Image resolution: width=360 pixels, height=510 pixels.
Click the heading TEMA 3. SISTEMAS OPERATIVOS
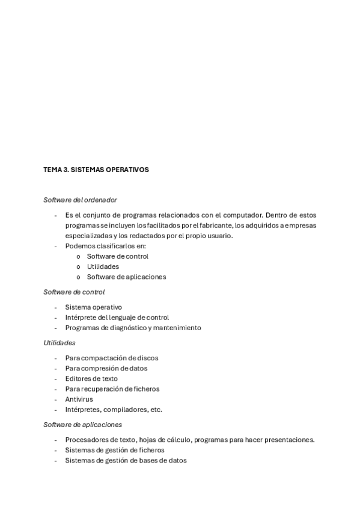[96, 170]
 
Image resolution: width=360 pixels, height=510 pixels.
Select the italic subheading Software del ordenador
[80, 200]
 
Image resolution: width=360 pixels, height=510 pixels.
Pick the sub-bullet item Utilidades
[103, 266]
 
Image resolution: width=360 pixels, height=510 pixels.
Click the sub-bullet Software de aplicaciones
[126, 277]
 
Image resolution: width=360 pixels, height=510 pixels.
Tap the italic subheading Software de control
[74, 292]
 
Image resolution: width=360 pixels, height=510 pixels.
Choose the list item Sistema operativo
[93, 307]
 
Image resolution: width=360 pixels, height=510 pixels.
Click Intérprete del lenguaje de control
[117, 317]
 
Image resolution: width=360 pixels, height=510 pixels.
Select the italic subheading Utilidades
[59, 343]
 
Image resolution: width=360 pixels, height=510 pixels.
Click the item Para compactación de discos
[112, 358]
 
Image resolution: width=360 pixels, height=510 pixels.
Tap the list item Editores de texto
[91, 378]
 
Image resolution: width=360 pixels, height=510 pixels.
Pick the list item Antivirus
[78, 399]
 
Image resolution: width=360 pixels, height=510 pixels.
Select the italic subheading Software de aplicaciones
[82, 425]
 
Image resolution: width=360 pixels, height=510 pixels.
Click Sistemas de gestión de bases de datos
[126, 461]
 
